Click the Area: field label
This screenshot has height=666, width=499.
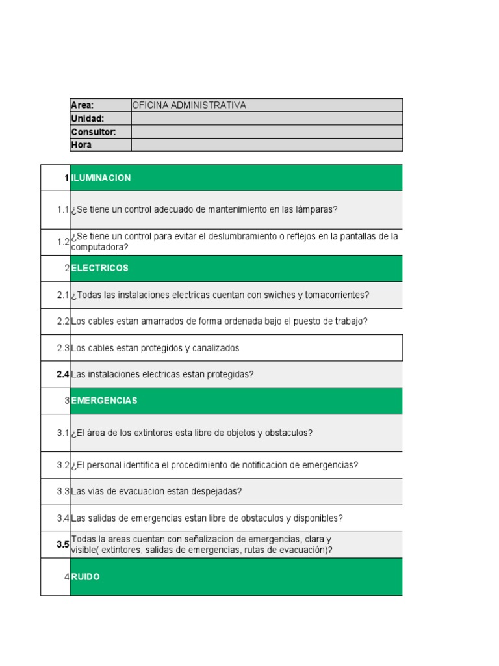(83, 105)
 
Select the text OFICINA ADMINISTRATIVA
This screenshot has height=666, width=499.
(189, 105)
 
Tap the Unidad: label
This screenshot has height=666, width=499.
(88, 118)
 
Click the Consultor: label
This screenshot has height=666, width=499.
(94, 132)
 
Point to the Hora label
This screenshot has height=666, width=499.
(81, 145)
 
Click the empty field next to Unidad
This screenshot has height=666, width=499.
(266, 118)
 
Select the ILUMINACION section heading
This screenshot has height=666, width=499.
(101, 178)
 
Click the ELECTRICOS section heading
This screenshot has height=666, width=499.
(100, 268)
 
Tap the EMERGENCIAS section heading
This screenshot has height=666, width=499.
(105, 401)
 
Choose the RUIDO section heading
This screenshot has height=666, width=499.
(86, 577)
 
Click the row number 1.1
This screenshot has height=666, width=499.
(62, 209)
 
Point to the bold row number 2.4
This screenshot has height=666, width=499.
(62, 375)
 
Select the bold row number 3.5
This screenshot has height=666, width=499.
(62, 544)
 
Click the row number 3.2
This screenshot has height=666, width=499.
(62, 465)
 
